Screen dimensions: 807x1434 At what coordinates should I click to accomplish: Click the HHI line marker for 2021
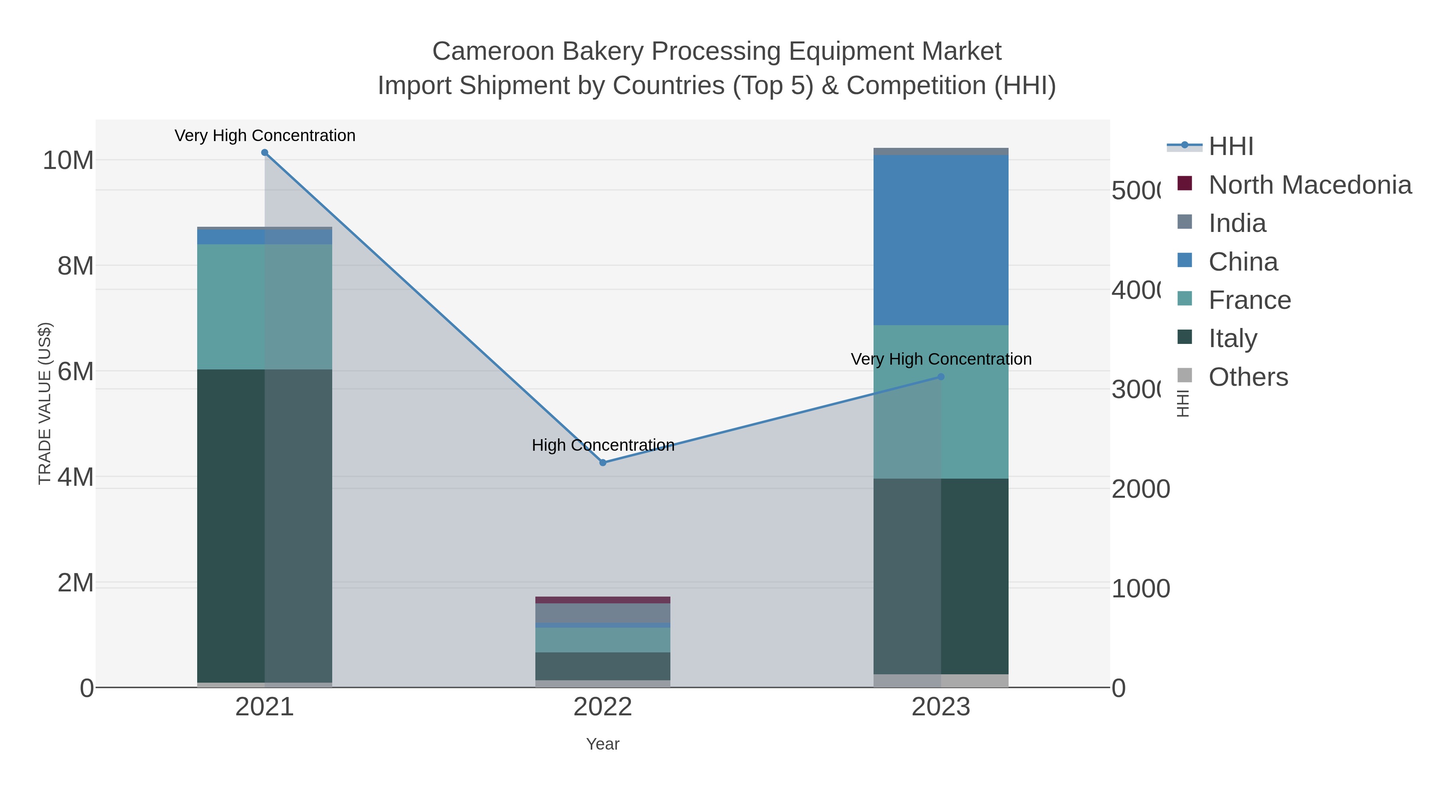pos(264,153)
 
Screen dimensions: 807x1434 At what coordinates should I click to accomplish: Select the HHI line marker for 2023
pos(941,377)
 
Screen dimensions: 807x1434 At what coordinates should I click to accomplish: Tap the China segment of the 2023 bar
pos(941,240)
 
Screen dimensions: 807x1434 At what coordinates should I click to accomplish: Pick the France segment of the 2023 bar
pos(974,401)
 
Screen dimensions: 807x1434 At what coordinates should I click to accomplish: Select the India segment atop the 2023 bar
pos(941,151)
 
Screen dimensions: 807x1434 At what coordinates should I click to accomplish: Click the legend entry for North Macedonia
pos(1309,185)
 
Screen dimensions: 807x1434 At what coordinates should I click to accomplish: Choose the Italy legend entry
pos(1232,339)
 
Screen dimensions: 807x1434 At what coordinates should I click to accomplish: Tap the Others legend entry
pos(1248,377)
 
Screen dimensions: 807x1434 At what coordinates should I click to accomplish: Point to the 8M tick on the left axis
pos(75,266)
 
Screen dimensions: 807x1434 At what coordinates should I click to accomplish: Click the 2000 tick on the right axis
pos(1140,489)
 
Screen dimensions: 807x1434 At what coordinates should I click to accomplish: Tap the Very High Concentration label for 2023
pos(941,359)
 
